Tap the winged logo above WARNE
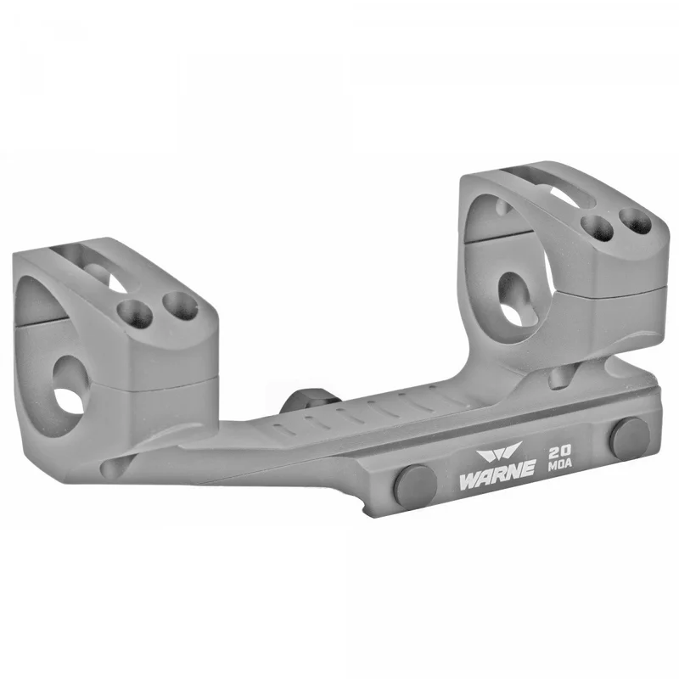[499, 451]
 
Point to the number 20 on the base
[559, 452]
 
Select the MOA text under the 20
[560, 464]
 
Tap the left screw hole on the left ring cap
[135, 314]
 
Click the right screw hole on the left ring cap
[180, 307]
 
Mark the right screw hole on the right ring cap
[636, 222]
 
